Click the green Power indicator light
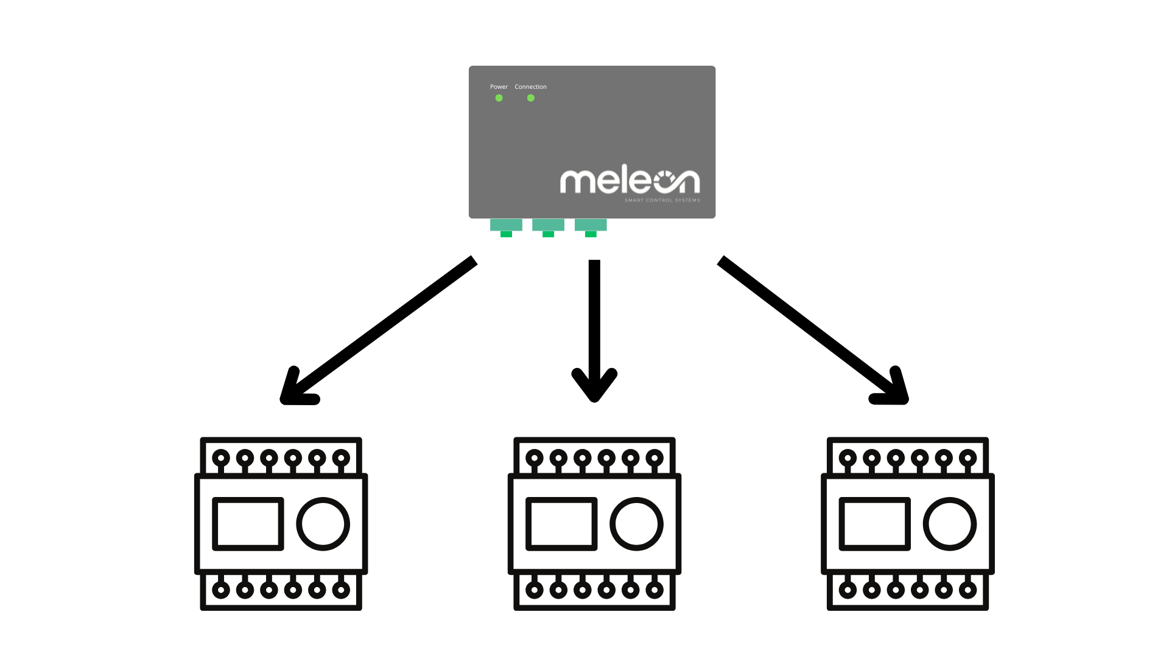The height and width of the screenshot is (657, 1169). tap(499, 98)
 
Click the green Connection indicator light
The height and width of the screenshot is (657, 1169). tap(531, 98)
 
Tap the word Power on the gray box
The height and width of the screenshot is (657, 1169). tap(499, 87)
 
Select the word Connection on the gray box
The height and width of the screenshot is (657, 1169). tap(530, 87)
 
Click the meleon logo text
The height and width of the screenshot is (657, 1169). tap(630, 181)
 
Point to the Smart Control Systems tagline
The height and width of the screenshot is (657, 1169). tap(662, 200)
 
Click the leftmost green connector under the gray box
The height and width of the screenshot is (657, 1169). tap(506, 226)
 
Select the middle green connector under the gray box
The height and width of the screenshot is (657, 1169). tap(548, 226)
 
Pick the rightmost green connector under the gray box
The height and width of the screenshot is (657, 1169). tap(591, 226)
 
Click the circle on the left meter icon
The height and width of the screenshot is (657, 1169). tap(323, 524)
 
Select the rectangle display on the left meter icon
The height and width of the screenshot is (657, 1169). tap(248, 524)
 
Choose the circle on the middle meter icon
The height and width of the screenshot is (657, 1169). tap(636, 524)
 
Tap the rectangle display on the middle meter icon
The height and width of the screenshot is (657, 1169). tap(561, 524)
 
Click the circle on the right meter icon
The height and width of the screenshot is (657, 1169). tap(950, 524)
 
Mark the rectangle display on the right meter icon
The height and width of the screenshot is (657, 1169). tap(875, 524)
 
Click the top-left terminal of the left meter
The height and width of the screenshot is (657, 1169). tap(221, 458)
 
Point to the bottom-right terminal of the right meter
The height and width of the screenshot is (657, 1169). tap(967, 589)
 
